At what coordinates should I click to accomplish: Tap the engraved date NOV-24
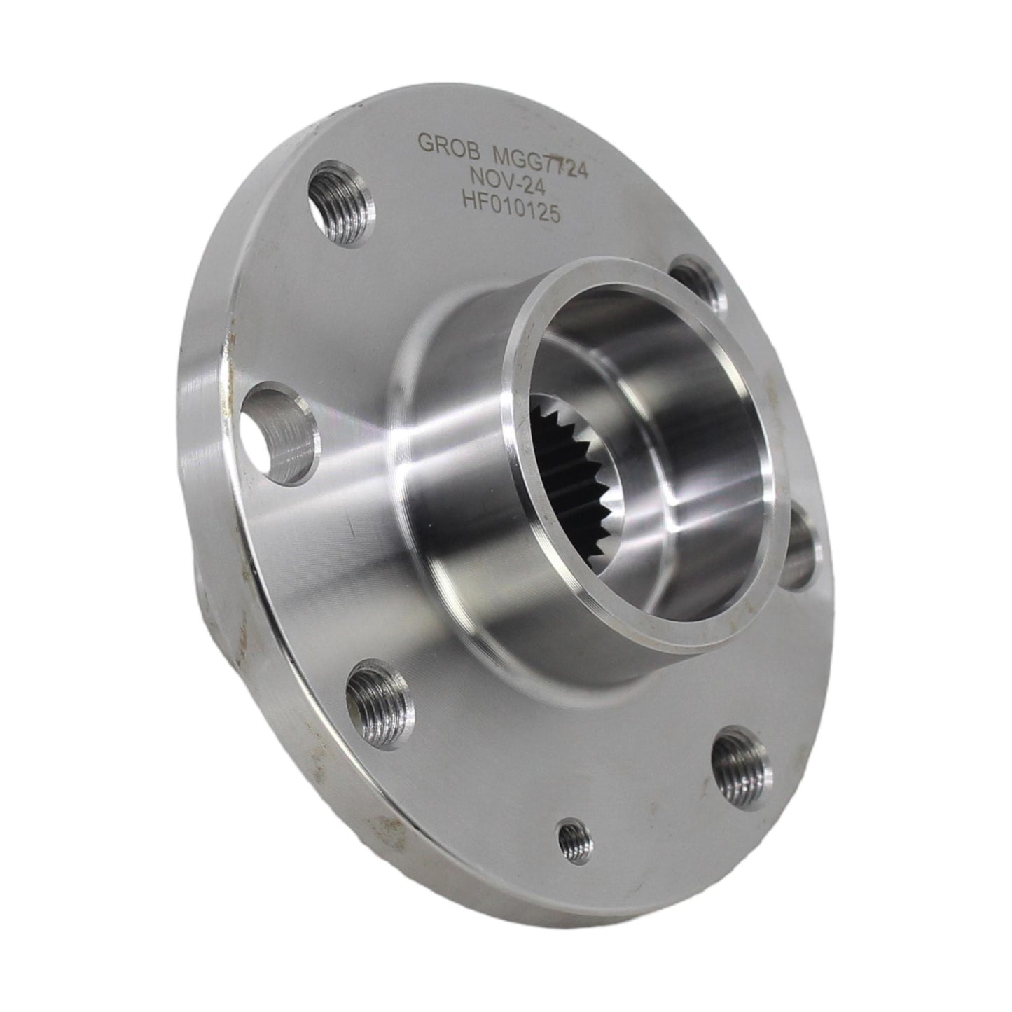[507, 181]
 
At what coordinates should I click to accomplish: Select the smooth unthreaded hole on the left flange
[278, 432]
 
